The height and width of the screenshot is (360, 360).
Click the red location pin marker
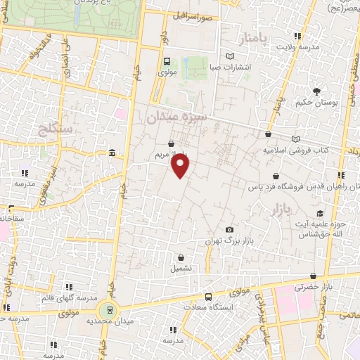tap(181, 166)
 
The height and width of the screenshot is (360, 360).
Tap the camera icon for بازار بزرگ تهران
tap(229, 230)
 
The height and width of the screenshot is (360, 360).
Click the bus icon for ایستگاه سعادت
tap(208, 297)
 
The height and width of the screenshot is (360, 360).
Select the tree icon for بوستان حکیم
tap(316, 91)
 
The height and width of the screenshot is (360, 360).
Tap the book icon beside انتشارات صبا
tap(231, 57)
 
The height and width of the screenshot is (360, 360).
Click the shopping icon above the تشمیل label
tap(181, 257)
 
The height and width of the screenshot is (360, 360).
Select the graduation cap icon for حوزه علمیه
tap(321, 213)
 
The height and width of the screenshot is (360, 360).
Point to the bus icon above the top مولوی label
tap(167, 60)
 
